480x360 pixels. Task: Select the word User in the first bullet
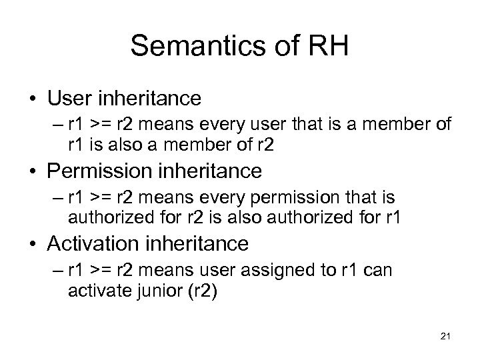point(69,98)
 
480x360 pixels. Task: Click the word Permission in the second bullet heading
point(97,171)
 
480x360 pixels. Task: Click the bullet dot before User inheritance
point(33,99)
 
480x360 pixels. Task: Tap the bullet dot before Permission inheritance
point(33,172)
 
